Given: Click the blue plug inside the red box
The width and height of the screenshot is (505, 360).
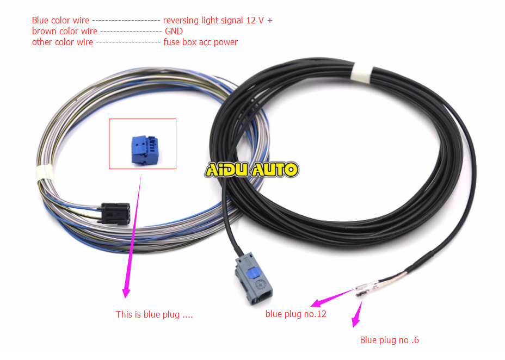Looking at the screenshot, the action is tap(145, 150).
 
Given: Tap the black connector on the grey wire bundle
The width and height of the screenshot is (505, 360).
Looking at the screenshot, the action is tap(115, 213).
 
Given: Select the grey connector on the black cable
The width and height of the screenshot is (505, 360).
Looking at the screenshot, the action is tap(254, 278).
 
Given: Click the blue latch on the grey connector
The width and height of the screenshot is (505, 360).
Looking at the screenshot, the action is tap(253, 274).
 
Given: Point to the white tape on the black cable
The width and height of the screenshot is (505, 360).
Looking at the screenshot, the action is tap(361, 73).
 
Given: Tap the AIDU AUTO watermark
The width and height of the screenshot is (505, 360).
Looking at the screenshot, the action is tap(251, 170).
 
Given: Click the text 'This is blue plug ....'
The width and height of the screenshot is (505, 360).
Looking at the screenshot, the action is tap(154, 314).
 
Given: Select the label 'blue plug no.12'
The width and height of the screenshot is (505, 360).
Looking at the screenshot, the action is tap(295, 314).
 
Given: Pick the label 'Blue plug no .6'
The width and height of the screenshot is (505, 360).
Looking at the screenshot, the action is tap(390, 340).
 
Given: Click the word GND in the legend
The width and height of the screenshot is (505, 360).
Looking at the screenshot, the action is tap(174, 31).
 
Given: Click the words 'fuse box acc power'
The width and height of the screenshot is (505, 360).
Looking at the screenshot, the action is tap(200, 42).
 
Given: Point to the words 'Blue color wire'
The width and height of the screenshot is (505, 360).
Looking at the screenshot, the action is tap(60, 20).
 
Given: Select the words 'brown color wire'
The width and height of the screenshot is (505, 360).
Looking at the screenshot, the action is tap(64, 31).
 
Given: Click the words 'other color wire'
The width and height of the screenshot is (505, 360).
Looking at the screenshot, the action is tap(63, 42).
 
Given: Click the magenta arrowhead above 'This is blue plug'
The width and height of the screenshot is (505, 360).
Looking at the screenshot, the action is tap(126, 292).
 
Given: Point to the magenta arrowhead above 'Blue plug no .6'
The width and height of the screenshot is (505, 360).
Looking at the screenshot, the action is tap(355, 322).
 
